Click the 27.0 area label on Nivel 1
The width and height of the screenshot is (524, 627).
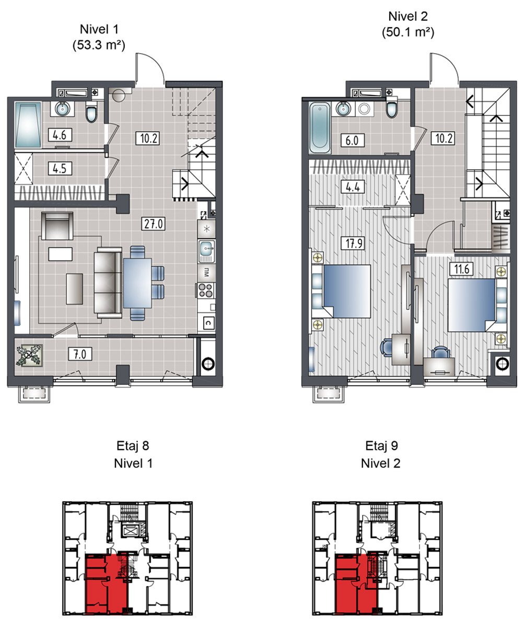click(153, 224)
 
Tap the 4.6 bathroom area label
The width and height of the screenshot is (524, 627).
click(60, 135)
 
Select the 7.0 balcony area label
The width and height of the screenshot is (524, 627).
click(80, 354)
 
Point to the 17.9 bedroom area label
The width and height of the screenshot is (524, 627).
click(353, 243)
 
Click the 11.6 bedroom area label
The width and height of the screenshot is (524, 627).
click(461, 269)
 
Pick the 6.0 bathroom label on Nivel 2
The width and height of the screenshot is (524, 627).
click(353, 140)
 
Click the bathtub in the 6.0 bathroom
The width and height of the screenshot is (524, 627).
click(320, 127)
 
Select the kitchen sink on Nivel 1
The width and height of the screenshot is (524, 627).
click(206, 251)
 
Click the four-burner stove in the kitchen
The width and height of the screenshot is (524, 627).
click(206, 290)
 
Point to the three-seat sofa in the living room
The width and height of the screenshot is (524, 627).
click(108, 283)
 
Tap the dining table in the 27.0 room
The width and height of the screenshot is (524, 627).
click(137, 283)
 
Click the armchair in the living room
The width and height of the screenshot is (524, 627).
click(57, 226)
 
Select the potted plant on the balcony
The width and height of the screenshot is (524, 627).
click(29, 355)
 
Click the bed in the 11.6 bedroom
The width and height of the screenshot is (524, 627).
click(471, 305)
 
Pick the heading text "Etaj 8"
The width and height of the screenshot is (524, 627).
click(133, 446)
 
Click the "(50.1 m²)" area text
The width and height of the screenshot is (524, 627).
click(408, 32)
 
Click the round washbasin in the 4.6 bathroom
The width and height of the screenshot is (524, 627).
click(62, 108)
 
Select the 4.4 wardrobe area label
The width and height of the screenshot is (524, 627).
click(353, 187)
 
